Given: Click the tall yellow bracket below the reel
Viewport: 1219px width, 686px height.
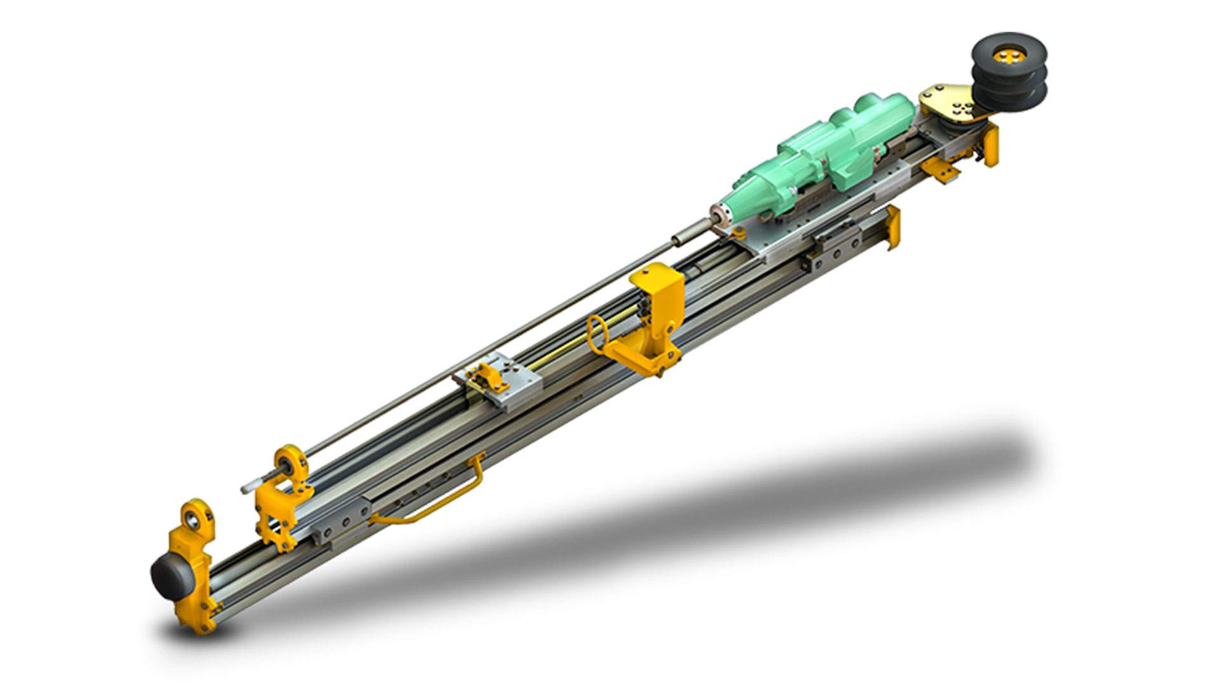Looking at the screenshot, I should point(990,145).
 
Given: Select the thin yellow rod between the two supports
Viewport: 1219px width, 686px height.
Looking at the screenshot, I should point(559,356).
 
